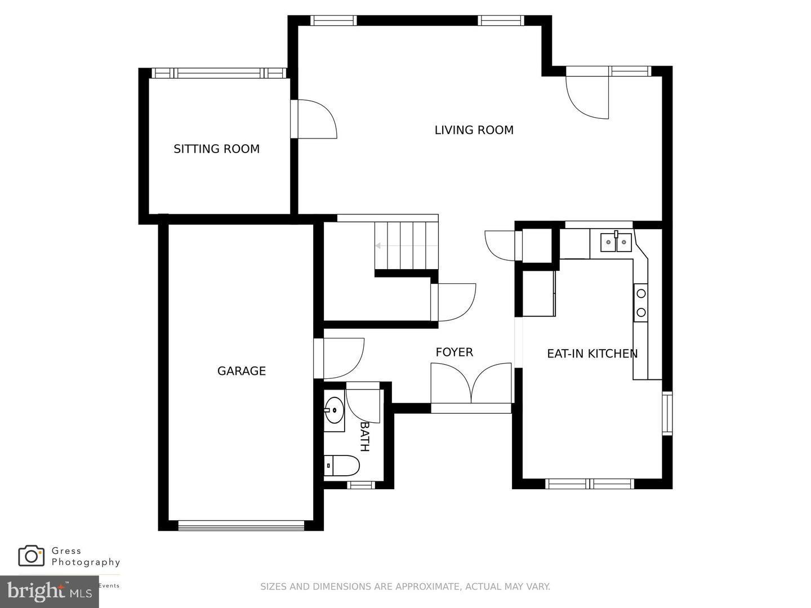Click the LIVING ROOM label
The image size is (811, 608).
[x=474, y=130]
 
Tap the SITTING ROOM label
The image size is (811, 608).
[x=216, y=149]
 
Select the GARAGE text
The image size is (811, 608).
[x=241, y=371]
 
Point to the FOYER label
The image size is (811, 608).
[x=454, y=352]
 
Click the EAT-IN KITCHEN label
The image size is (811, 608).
[x=592, y=354]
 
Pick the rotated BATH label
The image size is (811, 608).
[x=365, y=436]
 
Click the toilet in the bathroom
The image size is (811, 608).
[x=342, y=466]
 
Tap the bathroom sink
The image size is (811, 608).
[x=334, y=410]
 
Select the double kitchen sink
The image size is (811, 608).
[x=615, y=242]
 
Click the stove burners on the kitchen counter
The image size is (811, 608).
[x=640, y=303]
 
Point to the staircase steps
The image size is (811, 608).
[x=406, y=246]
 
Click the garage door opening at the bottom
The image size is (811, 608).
[x=240, y=525]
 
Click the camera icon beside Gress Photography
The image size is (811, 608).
[x=31, y=556]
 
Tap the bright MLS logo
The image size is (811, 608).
[x=49, y=592]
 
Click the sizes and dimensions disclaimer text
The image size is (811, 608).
[x=405, y=587]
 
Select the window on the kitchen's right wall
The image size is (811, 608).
[x=667, y=413]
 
